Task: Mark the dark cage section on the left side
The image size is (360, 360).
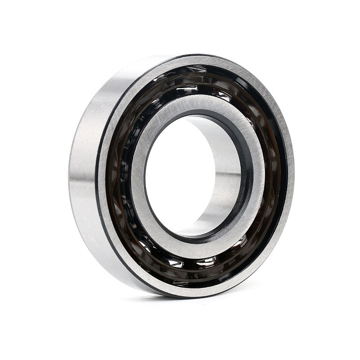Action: point(118,180)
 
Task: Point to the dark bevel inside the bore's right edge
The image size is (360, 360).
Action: point(245,180)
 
